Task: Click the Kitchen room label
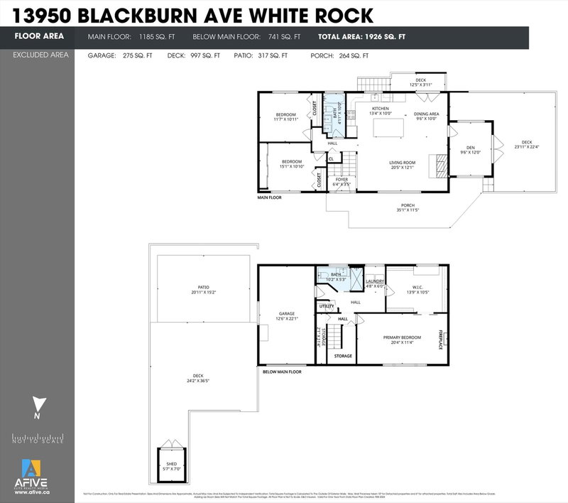pos(381,110)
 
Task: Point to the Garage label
pos(286,315)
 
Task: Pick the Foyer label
pos(342,180)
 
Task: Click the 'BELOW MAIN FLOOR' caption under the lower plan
pos(283,372)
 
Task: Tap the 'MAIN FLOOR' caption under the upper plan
pos(269,198)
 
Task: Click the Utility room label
pos(327,305)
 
